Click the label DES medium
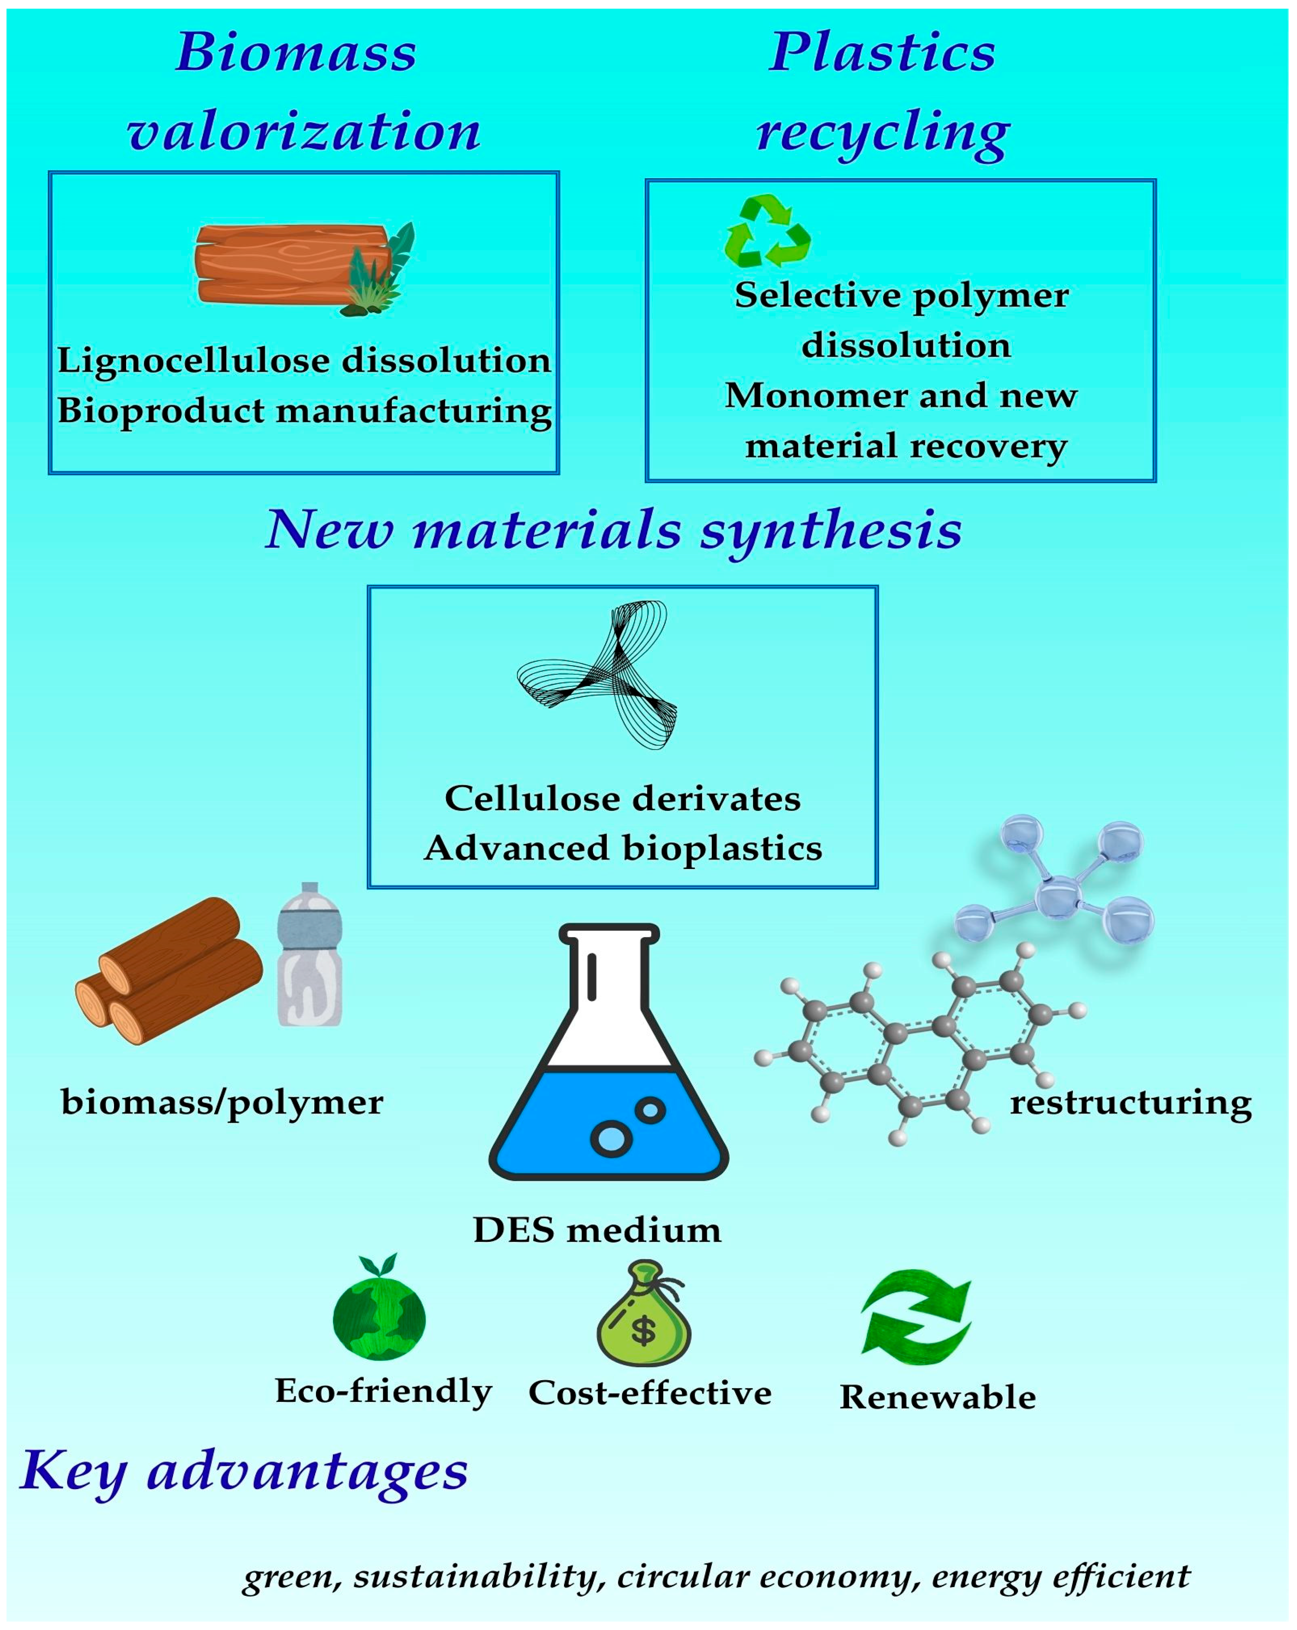597,1230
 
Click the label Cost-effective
650,1393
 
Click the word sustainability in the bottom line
475,1576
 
